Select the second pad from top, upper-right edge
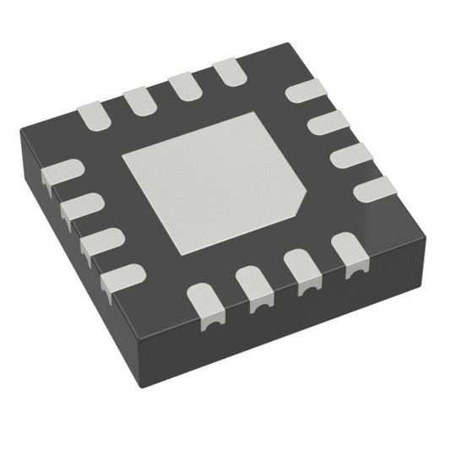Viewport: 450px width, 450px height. pyautogui.click(x=326, y=125)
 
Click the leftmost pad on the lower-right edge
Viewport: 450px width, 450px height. pyautogui.click(x=207, y=303)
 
